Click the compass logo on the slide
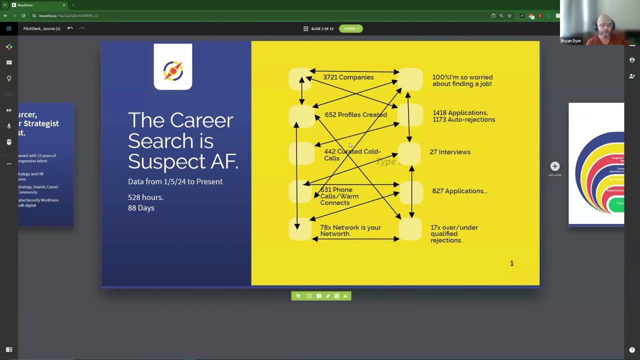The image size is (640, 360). (173, 70)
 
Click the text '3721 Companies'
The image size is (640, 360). (348, 77)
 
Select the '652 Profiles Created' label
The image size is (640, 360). (355, 115)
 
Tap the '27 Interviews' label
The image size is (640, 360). (449, 152)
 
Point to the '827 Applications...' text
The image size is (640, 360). (459, 191)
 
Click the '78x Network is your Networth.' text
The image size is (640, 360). (350, 230)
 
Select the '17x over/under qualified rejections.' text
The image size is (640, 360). (453, 234)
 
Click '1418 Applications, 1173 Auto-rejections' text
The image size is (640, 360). (463, 116)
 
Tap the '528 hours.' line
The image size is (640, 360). (145, 197)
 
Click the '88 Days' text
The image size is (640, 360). (141, 208)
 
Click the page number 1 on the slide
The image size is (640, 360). (511, 263)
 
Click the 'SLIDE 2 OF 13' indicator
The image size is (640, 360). (321, 28)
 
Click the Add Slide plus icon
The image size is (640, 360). (554, 166)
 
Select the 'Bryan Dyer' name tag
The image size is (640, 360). (570, 41)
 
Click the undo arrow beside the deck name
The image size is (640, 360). (70, 28)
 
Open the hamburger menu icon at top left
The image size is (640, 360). (8, 28)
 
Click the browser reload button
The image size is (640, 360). (23, 15)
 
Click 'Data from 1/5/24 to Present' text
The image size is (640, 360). (175, 181)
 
